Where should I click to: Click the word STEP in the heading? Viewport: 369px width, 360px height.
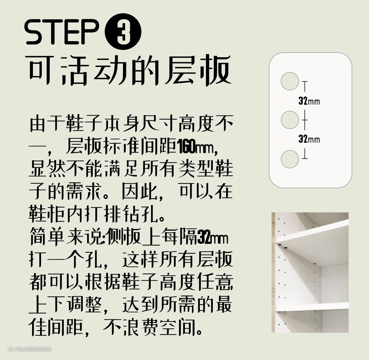pos(61,32)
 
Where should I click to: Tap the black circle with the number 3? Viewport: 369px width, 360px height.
pos(123,31)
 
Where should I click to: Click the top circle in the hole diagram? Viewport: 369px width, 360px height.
pos(290,81)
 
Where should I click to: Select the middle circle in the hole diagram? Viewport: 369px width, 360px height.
pos(290,120)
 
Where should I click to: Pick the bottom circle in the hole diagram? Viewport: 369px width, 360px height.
pos(290,159)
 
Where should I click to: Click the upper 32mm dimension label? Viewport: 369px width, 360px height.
pos(309,101)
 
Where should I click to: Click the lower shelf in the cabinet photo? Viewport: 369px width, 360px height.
pos(312,307)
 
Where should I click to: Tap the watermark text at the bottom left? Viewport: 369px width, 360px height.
pos(29,349)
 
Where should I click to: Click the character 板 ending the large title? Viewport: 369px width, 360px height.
pos(215,70)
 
